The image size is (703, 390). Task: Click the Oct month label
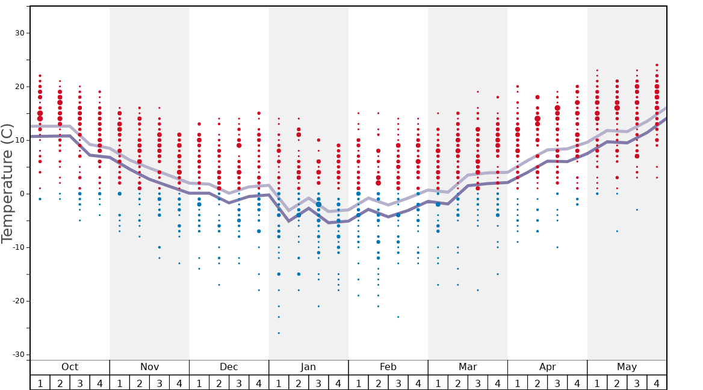(x=70, y=367)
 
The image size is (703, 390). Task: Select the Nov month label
(x=149, y=367)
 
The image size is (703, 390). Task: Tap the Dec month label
(x=229, y=367)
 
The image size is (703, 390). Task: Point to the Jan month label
(x=308, y=367)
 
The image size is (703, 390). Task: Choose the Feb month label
(x=388, y=367)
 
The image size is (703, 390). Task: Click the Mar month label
(x=468, y=367)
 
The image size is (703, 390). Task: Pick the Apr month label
(x=547, y=367)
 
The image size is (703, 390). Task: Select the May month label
(x=627, y=367)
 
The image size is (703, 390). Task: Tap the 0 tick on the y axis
(x=22, y=194)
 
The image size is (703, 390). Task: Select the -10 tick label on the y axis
(x=18, y=247)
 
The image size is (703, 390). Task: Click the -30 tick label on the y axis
(x=18, y=354)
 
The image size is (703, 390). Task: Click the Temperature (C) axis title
(x=7, y=184)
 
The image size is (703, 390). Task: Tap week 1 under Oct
(x=40, y=383)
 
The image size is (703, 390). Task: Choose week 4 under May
(x=657, y=383)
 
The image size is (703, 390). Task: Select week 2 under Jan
(x=299, y=383)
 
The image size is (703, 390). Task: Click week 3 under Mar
(x=478, y=383)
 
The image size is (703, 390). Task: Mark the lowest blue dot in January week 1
(x=279, y=333)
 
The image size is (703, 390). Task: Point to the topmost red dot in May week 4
(x=657, y=65)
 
